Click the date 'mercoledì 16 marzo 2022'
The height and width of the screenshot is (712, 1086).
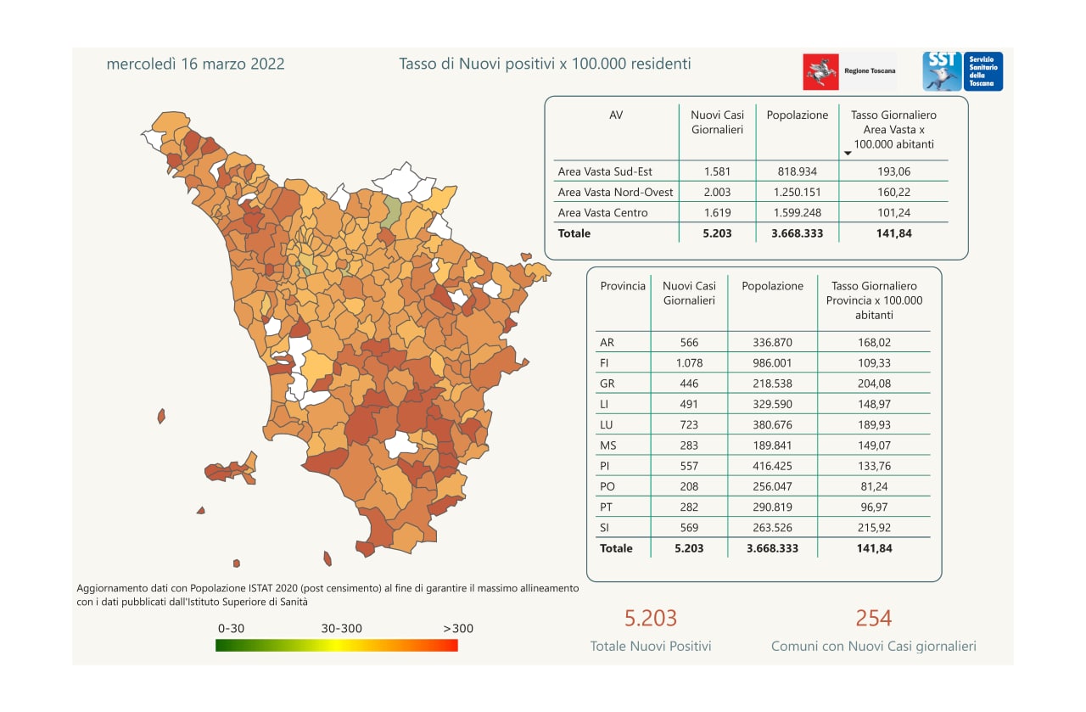pyautogui.click(x=195, y=64)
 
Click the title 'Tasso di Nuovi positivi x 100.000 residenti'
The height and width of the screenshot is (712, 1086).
pyautogui.click(x=545, y=64)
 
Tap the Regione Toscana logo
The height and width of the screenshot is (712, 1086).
pyautogui.click(x=848, y=71)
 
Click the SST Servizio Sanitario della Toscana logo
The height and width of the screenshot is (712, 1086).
pyautogui.click(x=962, y=71)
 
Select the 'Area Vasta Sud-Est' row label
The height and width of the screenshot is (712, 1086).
pyautogui.click(x=605, y=171)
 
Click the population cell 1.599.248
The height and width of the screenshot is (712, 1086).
pyautogui.click(x=797, y=213)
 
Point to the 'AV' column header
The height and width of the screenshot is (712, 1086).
pyautogui.click(x=616, y=115)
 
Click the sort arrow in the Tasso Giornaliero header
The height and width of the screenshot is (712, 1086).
pyautogui.click(x=848, y=154)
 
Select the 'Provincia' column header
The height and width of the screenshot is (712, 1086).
pyautogui.click(x=623, y=286)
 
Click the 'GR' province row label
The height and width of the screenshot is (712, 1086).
pyautogui.click(x=607, y=384)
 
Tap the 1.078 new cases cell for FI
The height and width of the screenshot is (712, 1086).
pyautogui.click(x=689, y=363)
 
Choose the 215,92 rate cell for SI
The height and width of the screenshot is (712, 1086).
pyautogui.click(x=874, y=528)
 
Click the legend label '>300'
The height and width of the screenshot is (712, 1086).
pyautogui.click(x=458, y=629)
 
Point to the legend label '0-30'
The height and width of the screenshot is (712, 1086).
pyautogui.click(x=232, y=629)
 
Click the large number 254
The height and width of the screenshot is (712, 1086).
pyautogui.click(x=873, y=618)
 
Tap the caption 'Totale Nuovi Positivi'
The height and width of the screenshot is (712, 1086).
pyautogui.click(x=651, y=647)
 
